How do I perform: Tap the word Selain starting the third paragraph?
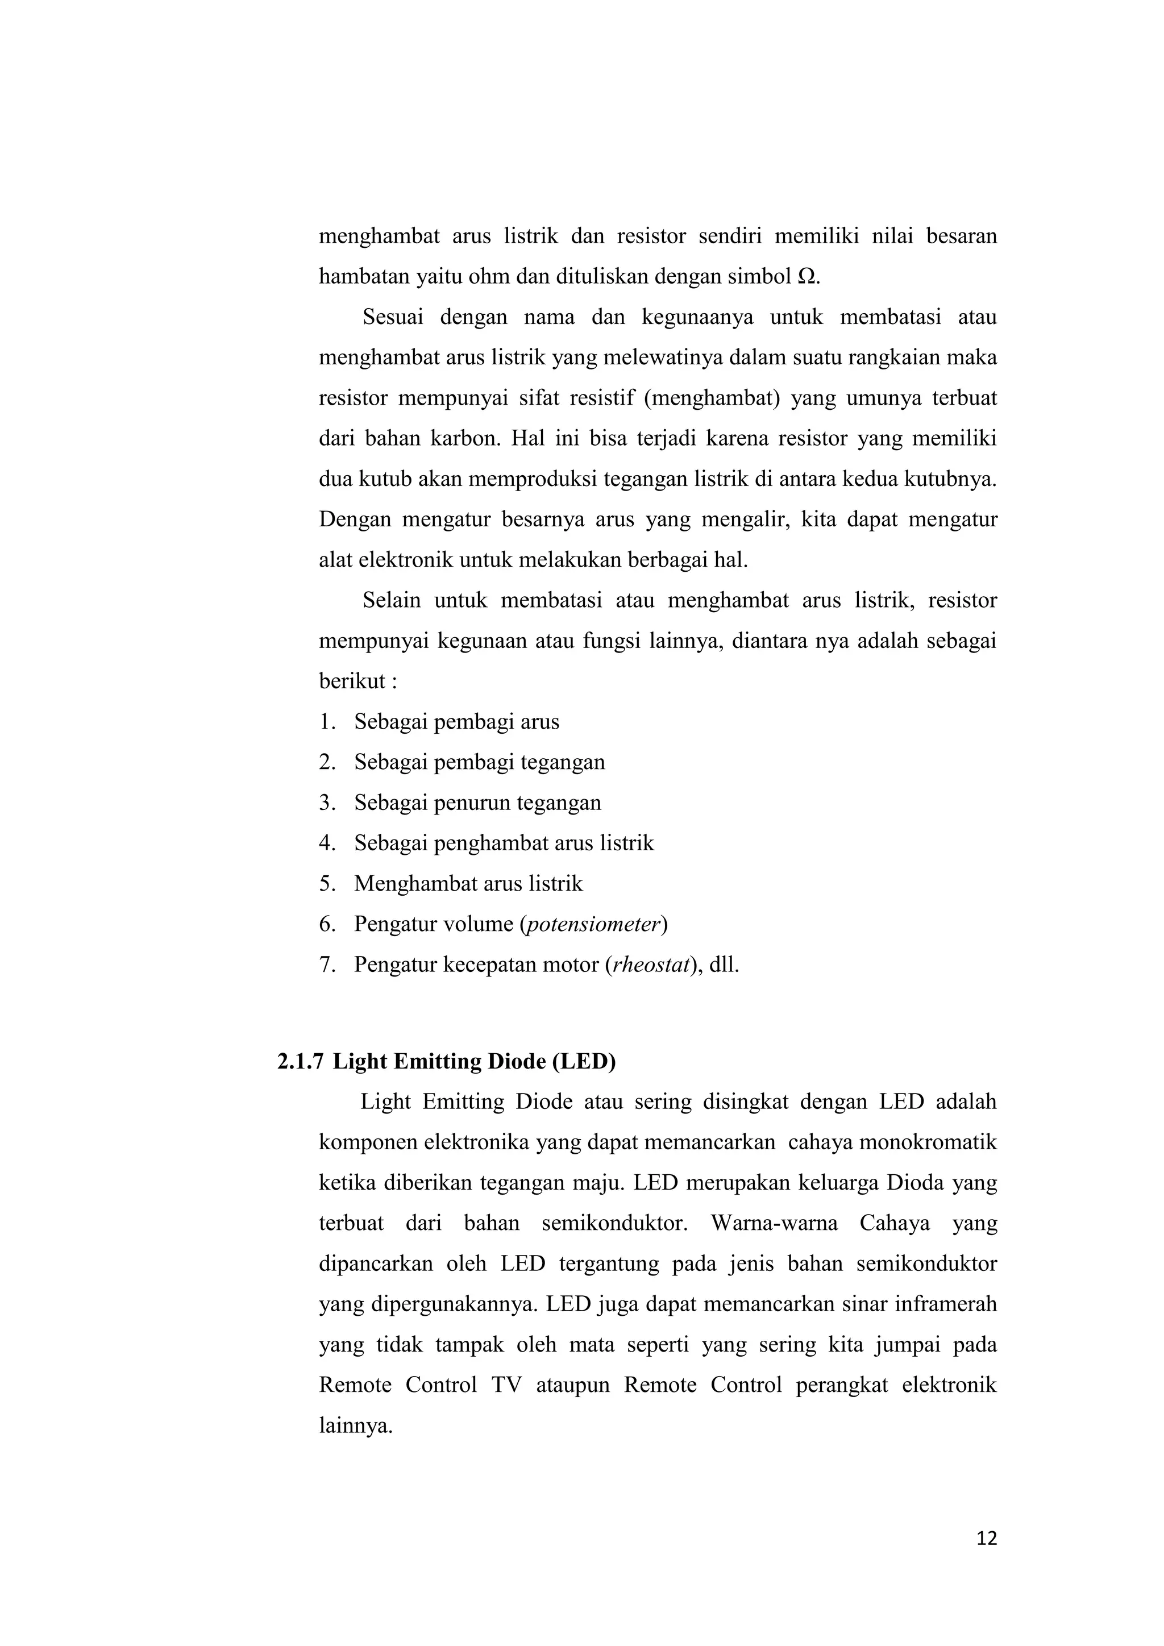[x=392, y=600]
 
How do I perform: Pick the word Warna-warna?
[x=774, y=1223]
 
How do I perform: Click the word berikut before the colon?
[x=352, y=681]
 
